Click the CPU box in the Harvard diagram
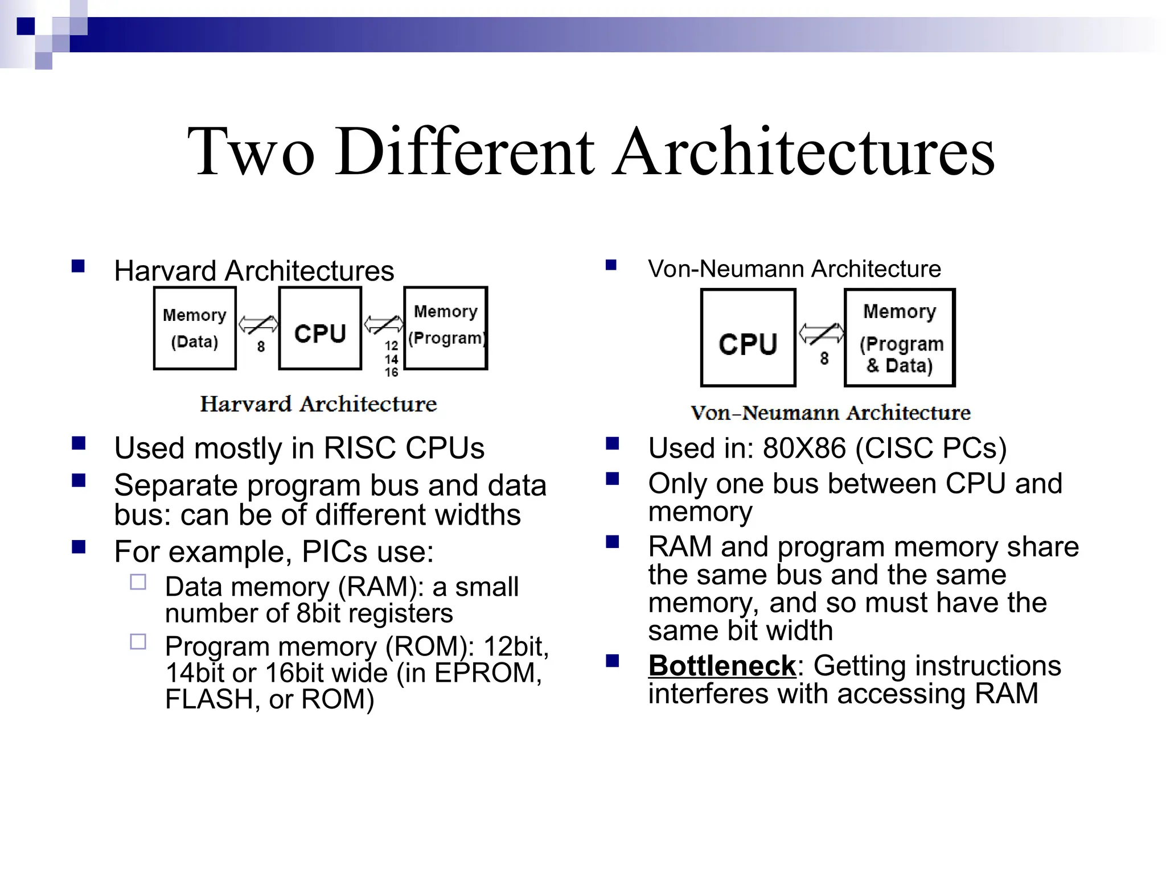[x=320, y=329]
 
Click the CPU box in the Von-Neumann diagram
[x=748, y=338]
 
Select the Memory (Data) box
[x=195, y=329]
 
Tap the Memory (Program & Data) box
[x=900, y=338]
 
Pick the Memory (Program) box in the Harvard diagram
[x=446, y=329]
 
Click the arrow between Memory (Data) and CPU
[x=258, y=325]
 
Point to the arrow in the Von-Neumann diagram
[x=821, y=333]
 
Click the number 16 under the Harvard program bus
[x=391, y=373]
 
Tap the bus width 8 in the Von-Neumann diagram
[x=824, y=358]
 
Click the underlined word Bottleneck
[x=721, y=666]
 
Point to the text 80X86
[x=804, y=448]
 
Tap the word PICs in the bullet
[x=335, y=552]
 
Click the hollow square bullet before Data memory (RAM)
[x=138, y=582]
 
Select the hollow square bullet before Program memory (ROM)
[x=138, y=642]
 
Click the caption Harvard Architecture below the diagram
[x=318, y=404]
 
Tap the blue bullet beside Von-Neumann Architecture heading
[x=611, y=265]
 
